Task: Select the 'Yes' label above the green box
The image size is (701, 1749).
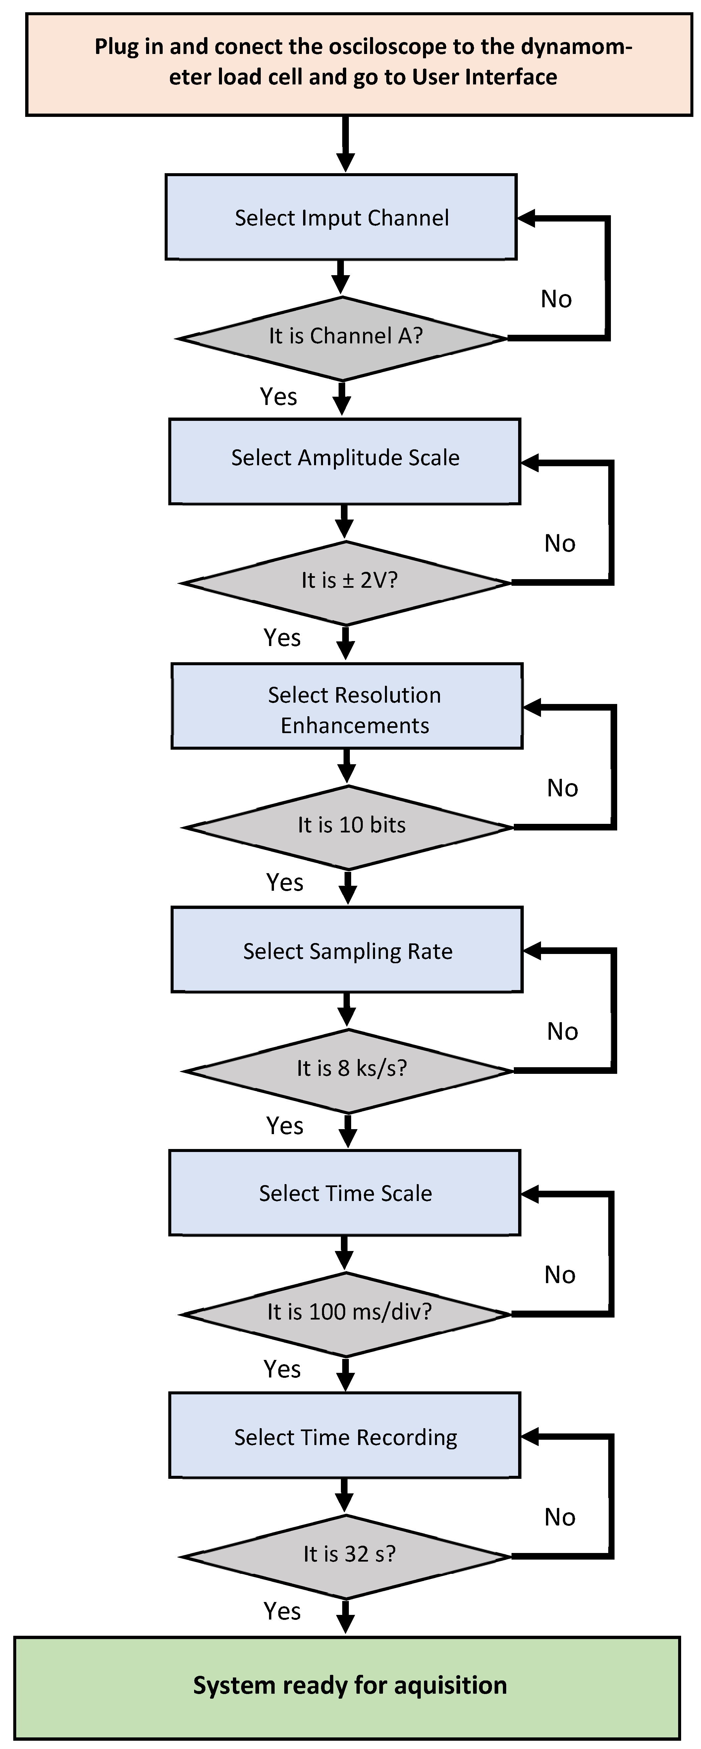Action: point(282,1611)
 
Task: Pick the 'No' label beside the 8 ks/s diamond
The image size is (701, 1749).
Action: point(563,1031)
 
